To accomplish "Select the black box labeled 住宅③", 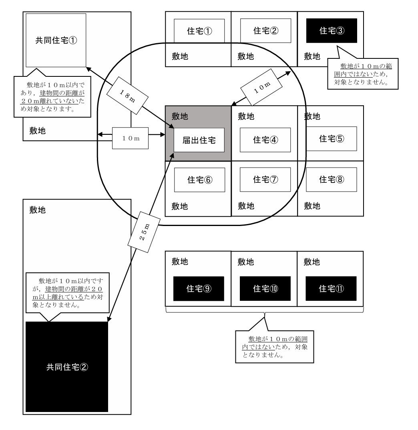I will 332,30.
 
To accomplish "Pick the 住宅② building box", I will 265,30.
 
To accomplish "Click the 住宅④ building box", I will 265,140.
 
